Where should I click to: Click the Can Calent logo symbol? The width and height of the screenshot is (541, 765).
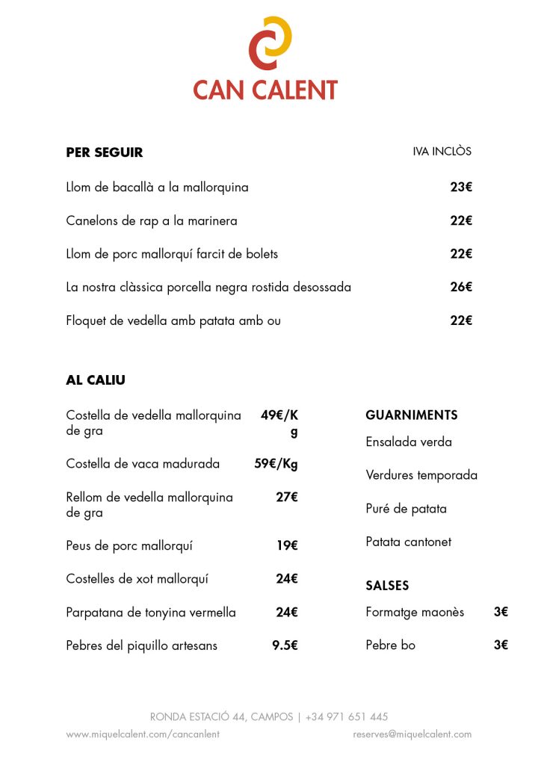coord(270,43)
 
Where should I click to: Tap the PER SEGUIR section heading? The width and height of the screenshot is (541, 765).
coord(104,152)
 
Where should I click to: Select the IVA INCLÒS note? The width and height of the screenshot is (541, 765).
coord(442,151)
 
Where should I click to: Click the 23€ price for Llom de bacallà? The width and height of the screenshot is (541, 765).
coord(461,188)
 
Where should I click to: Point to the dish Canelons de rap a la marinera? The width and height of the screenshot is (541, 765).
coord(152,221)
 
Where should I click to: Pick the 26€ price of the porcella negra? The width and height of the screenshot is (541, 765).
coord(461,287)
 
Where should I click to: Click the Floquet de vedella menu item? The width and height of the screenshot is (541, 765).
coord(173,321)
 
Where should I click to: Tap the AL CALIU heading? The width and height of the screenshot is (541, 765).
coord(96,380)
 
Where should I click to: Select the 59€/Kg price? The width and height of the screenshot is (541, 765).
coord(276,464)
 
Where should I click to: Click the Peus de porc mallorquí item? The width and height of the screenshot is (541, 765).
coord(129,545)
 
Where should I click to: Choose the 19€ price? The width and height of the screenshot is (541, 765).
coord(287,545)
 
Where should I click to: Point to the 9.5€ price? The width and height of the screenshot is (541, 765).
coord(285,645)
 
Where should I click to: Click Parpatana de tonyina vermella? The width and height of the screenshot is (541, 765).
coord(151,613)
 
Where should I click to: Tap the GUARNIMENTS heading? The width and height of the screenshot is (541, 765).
coord(411,415)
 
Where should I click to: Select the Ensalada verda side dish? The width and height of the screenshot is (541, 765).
coord(409,442)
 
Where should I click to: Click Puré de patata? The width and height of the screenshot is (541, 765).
coord(406,509)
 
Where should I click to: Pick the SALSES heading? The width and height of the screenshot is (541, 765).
coord(387,586)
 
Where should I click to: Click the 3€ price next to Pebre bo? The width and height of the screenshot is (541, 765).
coord(501,645)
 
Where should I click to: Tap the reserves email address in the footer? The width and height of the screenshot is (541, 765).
coord(412,734)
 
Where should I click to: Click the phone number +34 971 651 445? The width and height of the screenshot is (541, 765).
coord(347,717)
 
